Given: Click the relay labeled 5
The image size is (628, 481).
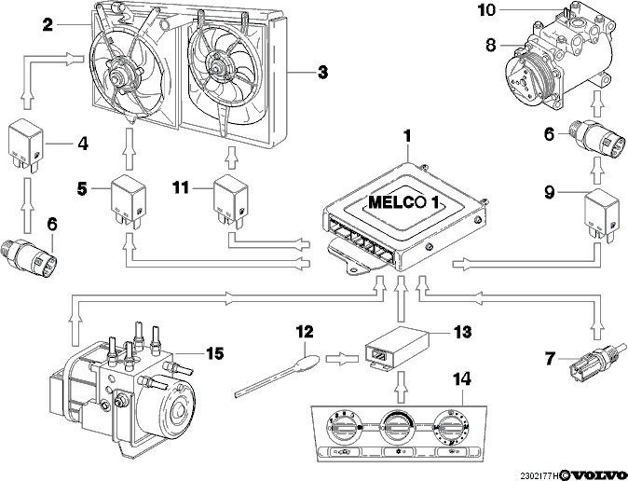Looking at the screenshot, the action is point(129,199).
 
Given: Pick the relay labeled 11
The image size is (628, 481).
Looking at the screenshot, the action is point(230,199).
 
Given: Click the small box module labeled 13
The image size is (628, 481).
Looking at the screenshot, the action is point(397,346).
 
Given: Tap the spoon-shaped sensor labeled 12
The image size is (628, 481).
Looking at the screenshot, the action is point(277,375).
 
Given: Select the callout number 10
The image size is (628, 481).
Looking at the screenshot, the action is point(486,10).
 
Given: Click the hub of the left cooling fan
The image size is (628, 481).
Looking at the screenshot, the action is point(119,76).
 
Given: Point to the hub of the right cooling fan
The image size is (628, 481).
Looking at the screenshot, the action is point(217,67).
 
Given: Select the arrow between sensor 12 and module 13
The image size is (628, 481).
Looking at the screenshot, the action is point(342,359).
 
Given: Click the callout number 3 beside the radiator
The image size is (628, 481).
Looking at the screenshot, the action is point(322,73).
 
